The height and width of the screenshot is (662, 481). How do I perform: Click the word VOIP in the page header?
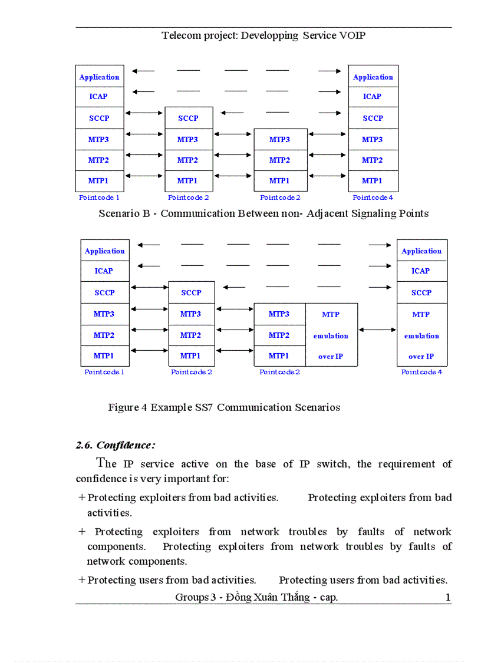coord(352,35)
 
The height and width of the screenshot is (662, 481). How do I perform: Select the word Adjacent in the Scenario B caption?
coord(322,213)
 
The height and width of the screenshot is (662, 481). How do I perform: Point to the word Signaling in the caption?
coord(375,213)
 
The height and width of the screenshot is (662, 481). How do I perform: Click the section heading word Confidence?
coord(126,445)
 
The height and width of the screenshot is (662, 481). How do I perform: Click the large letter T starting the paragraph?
coord(102,463)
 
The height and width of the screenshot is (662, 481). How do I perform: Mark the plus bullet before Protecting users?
coord(81,580)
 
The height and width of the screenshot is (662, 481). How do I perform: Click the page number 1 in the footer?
coord(448,598)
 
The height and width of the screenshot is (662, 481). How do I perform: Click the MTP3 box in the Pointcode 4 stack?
coord(373,140)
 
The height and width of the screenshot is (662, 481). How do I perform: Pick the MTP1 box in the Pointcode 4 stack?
coord(373,181)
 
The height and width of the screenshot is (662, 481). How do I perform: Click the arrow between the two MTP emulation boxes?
coord(377,330)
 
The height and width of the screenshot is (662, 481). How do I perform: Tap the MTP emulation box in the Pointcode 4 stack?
coord(421,335)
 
